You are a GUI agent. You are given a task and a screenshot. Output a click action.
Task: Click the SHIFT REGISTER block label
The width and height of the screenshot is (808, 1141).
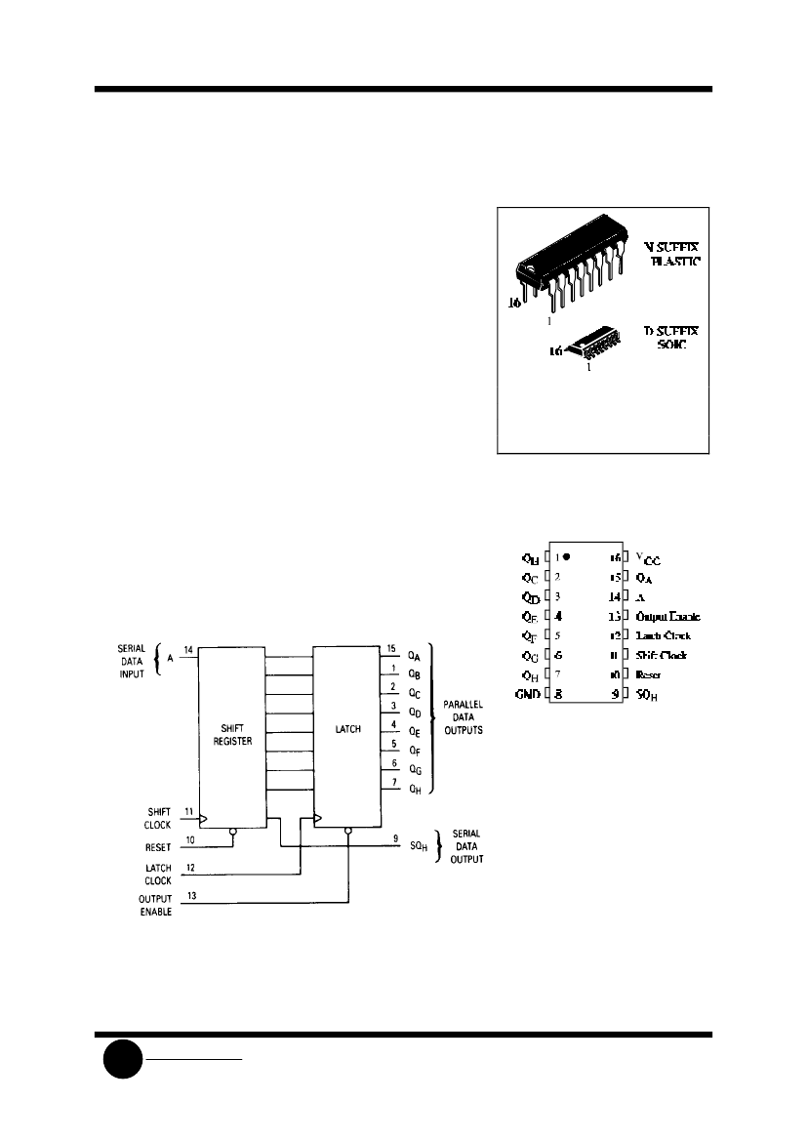231,735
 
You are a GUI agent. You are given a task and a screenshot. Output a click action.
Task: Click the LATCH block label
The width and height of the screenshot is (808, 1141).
347,729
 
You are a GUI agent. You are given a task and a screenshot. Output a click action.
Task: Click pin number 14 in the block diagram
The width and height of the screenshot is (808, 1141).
188,649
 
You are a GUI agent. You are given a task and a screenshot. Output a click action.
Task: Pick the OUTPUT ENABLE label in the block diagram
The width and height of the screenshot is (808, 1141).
154,905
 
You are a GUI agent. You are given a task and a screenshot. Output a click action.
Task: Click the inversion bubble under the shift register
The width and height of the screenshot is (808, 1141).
232,833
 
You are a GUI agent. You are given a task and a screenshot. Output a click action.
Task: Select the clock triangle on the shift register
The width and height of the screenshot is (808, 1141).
204,819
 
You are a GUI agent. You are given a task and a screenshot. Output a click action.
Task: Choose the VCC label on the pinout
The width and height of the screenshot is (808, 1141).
647,558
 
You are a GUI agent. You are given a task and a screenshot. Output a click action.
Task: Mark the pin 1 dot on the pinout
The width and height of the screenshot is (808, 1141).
565,557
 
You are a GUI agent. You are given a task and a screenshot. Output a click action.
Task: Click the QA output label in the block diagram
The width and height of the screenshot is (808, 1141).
414,657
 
